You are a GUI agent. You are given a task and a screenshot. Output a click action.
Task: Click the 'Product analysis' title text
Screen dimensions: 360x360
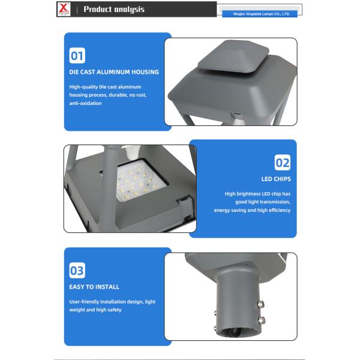coord(114,9)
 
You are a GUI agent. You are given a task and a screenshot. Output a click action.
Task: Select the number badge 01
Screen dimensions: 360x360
coord(77,56)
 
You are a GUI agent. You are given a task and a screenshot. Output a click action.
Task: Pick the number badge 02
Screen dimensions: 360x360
coord(283,163)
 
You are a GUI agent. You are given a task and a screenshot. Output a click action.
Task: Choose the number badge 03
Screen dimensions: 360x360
coord(77,271)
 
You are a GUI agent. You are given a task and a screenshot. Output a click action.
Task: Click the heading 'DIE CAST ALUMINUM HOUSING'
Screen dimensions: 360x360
coord(114,72)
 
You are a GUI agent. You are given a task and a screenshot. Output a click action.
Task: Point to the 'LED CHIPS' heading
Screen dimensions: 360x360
coord(276,179)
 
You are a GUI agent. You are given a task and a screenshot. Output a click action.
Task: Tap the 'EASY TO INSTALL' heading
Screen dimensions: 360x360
coord(94,287)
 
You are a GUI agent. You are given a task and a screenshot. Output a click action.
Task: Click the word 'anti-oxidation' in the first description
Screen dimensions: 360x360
coord(85,103)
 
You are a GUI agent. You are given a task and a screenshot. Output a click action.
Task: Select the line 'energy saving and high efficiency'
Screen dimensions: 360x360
coord(252,210)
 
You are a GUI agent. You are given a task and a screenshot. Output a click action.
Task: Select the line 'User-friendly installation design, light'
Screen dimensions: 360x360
coord(112,302)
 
